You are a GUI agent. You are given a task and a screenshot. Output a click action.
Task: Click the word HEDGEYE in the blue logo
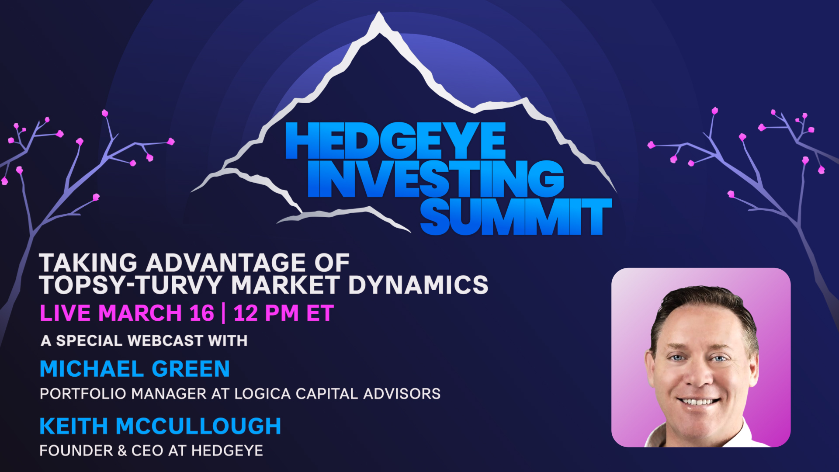coord(395,141)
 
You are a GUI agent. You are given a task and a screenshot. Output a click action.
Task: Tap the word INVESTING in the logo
coord(436,179)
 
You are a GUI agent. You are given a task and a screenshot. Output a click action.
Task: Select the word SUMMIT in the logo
coord(516,217)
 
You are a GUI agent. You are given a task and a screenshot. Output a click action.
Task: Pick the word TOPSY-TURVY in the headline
coord(131,285)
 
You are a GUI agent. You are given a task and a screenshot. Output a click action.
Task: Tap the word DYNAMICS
coord(418,285)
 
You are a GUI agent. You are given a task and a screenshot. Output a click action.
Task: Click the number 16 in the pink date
coord(202,313)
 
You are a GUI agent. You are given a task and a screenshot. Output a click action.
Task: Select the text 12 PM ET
coord(284,313)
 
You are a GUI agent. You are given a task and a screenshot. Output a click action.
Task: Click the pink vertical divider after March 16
coord(224,313)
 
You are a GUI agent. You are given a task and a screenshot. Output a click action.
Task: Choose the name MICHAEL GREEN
coord(135,369)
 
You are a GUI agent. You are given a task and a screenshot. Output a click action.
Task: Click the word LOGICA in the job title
coord(263,394)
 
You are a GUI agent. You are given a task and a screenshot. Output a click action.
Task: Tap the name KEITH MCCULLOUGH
coord(160,426)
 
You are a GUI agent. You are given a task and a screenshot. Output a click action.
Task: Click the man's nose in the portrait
coord(698,376)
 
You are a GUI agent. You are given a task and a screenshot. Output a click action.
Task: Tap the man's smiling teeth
coord(698,401)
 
